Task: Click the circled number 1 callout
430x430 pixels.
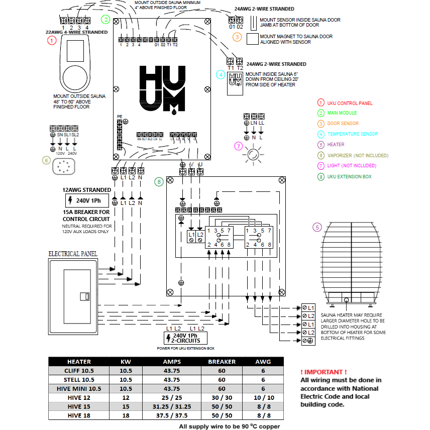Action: click(51, 42)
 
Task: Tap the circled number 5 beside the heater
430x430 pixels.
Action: click(316, 228)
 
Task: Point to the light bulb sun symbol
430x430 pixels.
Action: click(253, 154)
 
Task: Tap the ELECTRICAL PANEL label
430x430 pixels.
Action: click(73, 254)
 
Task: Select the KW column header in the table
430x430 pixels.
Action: click(126, 362)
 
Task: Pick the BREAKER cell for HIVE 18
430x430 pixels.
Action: click(222, 416)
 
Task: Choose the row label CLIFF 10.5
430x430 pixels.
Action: click(79, 371)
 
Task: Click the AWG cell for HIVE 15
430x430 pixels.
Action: click(263, 407)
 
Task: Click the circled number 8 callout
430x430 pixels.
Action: click(159, 181)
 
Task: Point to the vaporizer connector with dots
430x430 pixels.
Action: click(64, 167)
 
